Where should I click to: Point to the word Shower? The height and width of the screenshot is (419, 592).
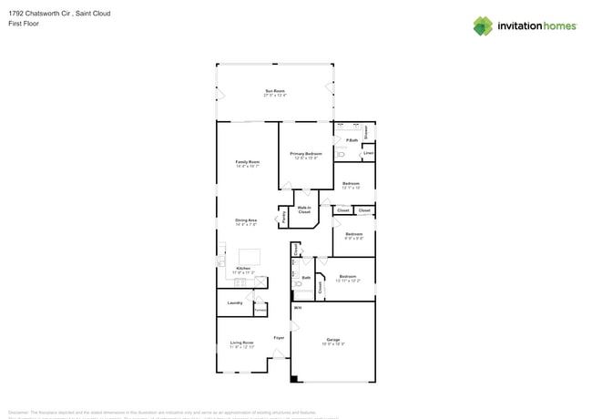pos(366,132)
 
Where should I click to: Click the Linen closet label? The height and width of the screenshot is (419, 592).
pos(368,153)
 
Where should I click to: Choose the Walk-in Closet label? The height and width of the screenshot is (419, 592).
pos(304,209)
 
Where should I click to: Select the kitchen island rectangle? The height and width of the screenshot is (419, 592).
pos(248,256)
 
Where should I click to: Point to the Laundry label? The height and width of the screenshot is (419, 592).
pos(234,302)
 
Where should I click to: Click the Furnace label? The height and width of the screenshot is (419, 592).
pos(260,311)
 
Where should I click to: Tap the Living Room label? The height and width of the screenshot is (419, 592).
pos(241,344)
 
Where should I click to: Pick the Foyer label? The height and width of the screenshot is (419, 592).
pos(279,338)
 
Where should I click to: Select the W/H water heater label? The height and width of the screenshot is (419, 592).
pos(297,309)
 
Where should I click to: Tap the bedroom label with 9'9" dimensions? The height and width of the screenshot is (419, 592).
pos(354,236)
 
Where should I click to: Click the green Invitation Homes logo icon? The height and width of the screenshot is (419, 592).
pos(483,26)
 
